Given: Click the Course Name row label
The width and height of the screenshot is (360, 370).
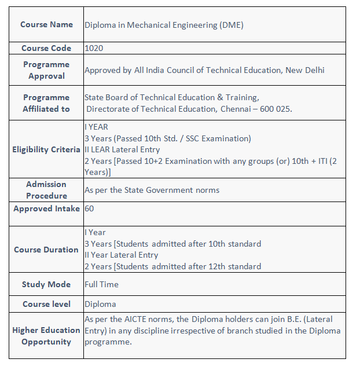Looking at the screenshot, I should tap(46, 24).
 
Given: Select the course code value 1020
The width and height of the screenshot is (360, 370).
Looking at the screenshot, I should tap(94, 48).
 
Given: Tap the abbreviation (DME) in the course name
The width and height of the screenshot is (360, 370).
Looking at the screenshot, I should tap(232, 25).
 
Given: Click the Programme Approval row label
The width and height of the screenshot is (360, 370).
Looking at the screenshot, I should tap(46, 70).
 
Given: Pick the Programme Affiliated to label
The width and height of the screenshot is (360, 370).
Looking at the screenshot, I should tap(46, 103).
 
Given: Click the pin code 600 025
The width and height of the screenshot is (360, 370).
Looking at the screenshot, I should tap(275, 109).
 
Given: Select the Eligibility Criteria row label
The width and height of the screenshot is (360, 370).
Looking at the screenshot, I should tap(46, 149).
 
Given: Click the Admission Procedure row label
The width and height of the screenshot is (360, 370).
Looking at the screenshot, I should tap(46, 190).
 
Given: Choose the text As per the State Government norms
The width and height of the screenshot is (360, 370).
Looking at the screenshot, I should tap(152, 190).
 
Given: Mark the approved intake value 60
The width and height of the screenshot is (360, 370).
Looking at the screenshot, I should tap(89, 208).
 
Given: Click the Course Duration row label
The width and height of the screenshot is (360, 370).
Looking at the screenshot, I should tap(46, 250).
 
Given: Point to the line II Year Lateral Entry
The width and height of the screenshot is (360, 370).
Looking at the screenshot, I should tap(121, 255).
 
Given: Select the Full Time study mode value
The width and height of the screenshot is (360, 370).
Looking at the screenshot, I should tap(101, 284).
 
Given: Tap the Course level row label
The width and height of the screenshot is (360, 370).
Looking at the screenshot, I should tap(46, 304).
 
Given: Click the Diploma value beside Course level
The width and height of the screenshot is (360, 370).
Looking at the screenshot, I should tap(100, 304).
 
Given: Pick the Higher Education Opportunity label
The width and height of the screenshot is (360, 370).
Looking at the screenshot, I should tap(46, 336).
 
